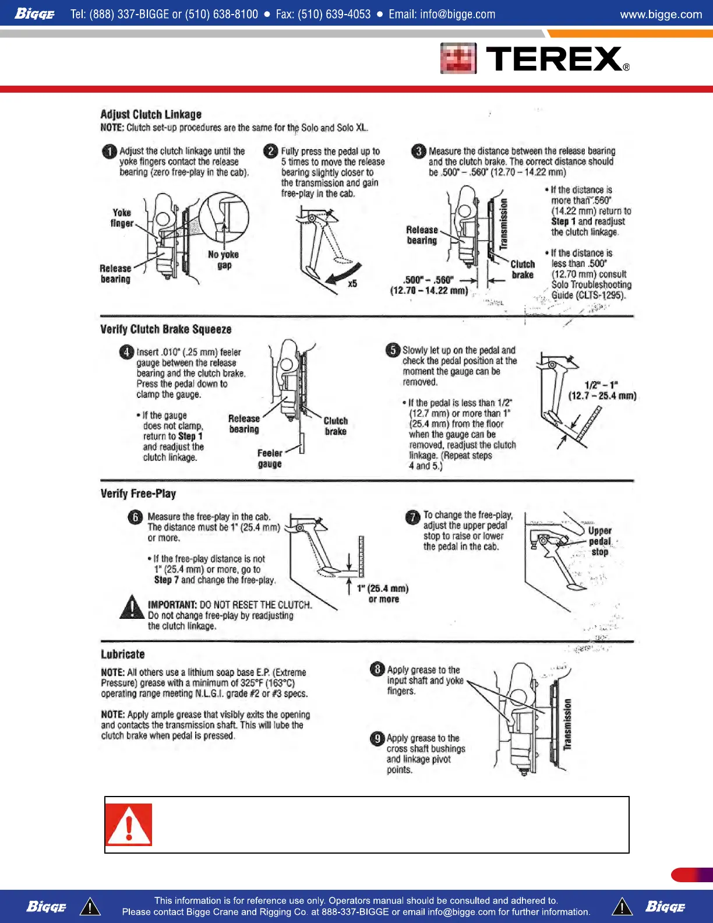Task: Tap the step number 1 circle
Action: [x=109, y=152]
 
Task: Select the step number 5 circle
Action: [x=393, y=350]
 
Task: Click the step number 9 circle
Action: [x=377, y=739]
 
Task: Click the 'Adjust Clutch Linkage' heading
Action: [x=151, y=114]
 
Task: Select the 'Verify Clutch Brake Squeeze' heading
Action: [x=166, y=329]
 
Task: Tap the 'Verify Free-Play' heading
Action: [x=138, y=494]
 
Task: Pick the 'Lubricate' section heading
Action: [x=122, y=654]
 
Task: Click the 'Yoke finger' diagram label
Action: [x=122, y=218]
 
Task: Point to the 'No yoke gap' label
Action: [x=224, y=260]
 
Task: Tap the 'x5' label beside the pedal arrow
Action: [x=352, y=284]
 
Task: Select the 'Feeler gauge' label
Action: [x=270, y=459]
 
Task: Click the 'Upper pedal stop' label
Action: [x=599, y=541]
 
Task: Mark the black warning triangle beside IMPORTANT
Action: [x=132, y=607]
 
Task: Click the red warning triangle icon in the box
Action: [x=129, y=825]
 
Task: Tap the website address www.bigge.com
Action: [x=661, y=14]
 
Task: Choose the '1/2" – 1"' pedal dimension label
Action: [x=602, y=390]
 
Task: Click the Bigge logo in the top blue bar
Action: [x=34, y=13]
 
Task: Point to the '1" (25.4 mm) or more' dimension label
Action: [x=383, y=594]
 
